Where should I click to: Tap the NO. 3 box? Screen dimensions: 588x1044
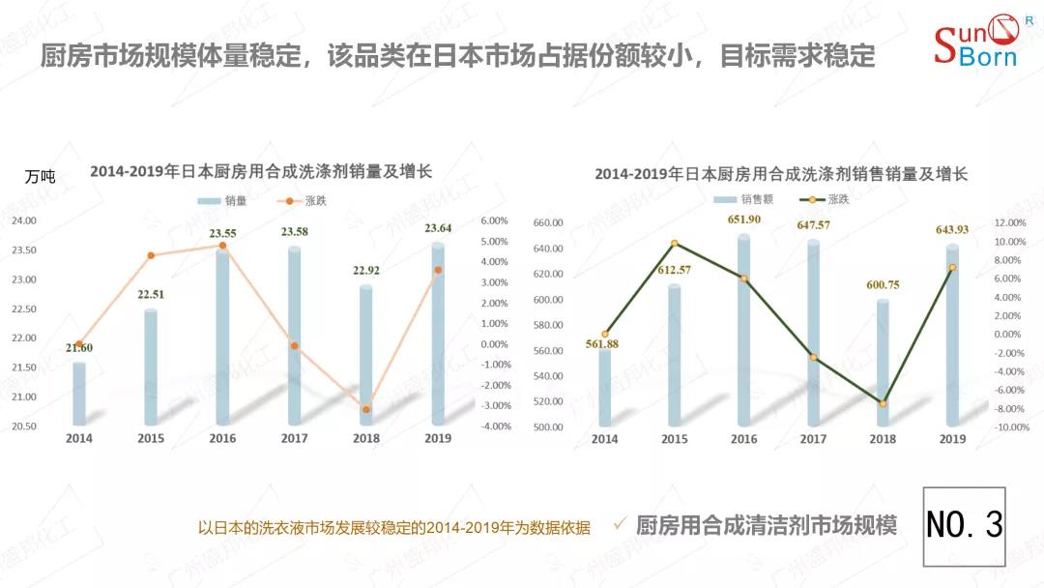964,526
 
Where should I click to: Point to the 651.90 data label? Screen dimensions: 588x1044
743,220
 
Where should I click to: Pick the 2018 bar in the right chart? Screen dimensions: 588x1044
883,363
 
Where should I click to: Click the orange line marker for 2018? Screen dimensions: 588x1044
366,409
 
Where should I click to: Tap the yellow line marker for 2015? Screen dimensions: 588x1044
675,244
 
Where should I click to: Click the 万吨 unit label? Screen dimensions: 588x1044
41,177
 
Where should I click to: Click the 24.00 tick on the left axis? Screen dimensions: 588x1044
23,220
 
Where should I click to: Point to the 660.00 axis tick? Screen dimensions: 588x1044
547,223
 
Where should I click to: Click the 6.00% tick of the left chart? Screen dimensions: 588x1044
494,220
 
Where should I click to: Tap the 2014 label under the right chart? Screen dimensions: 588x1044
604,439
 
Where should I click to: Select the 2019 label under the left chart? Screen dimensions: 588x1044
438,438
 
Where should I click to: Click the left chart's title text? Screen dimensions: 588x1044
261,172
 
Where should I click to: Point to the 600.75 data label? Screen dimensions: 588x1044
884,284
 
